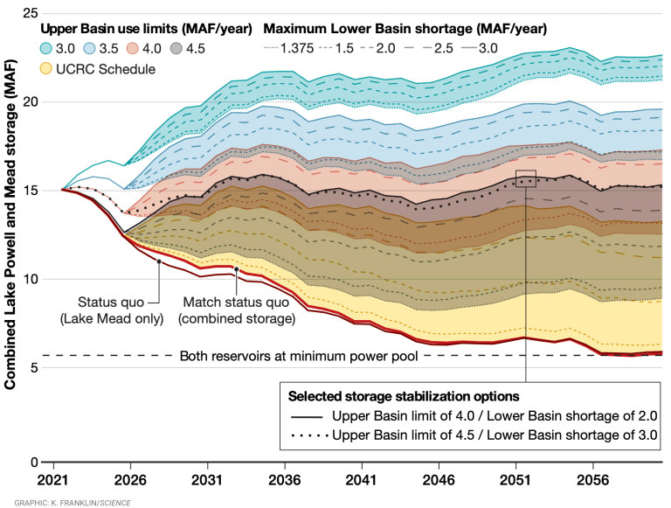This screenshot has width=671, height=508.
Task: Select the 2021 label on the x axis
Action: pos(53,481)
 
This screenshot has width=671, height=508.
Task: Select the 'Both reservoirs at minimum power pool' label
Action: pos(301,356)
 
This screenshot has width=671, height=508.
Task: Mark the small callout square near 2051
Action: pos(526,178)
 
